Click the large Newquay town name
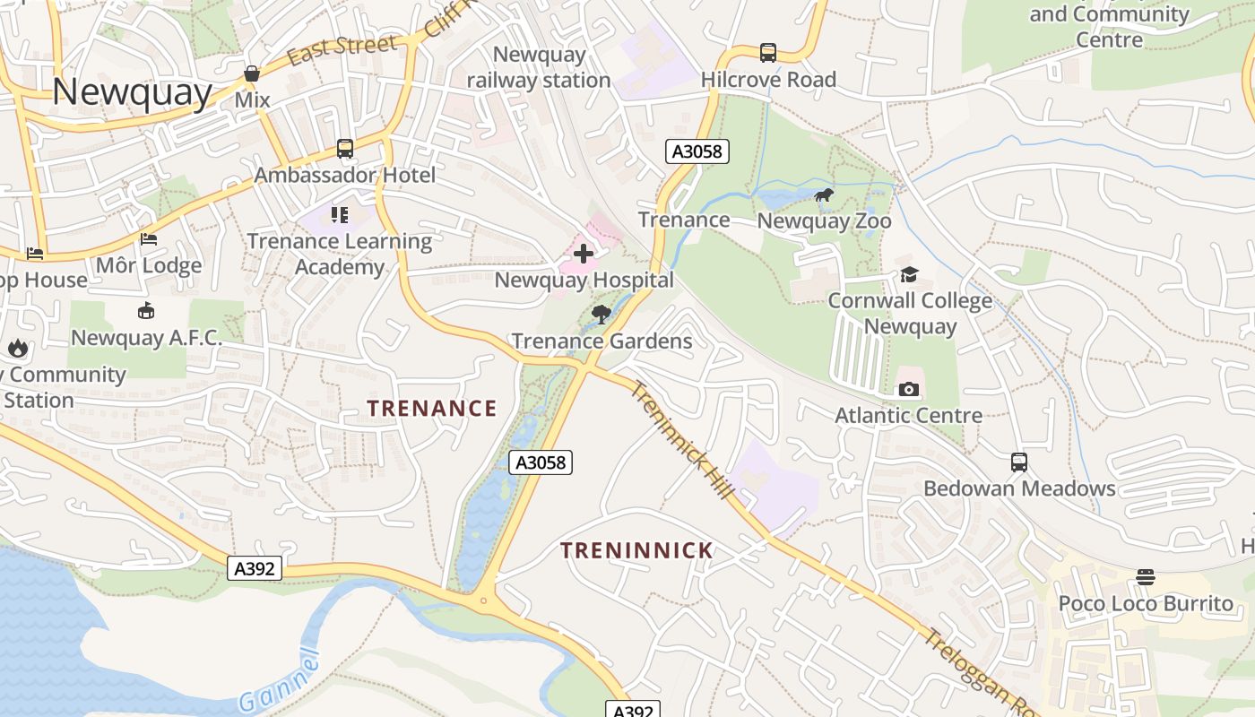coord(132,92)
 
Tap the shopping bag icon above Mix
coord(252,73)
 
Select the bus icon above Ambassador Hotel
coord(345,149)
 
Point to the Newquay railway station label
coord(539,67)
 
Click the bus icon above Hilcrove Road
coord(768,53)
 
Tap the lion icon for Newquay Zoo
coord(824,194)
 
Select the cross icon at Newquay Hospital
coord(584,254)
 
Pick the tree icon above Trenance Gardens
coord(602,314)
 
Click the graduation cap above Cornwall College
coord(910,274)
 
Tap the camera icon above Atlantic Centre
coord(908,389)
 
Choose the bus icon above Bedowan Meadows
coord(1019,462)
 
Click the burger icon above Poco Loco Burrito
coord(1146,577)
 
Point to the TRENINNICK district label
coord(636,550)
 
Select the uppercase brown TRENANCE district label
coord(431,409)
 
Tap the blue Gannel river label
coord(280,681)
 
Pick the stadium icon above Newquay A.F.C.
coord(146,311)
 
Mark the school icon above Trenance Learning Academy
coord(339,215)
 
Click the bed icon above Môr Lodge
coord(149,239)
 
